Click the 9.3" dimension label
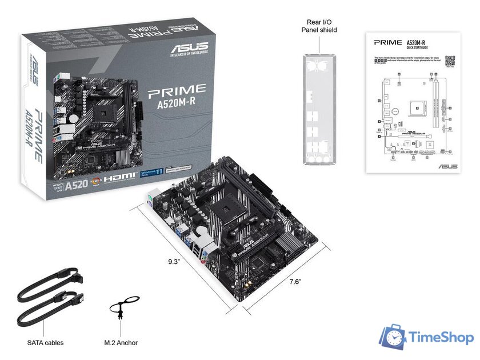click(x=174, y=262)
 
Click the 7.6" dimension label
click(x=295, y=282)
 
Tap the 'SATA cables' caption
click(x=45, y=343)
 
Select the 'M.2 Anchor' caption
click(x=121, y=343)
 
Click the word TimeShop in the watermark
click(x=441, y=338)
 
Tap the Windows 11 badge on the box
click(x=151, y=173)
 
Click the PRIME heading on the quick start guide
click(x=387, y=42)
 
